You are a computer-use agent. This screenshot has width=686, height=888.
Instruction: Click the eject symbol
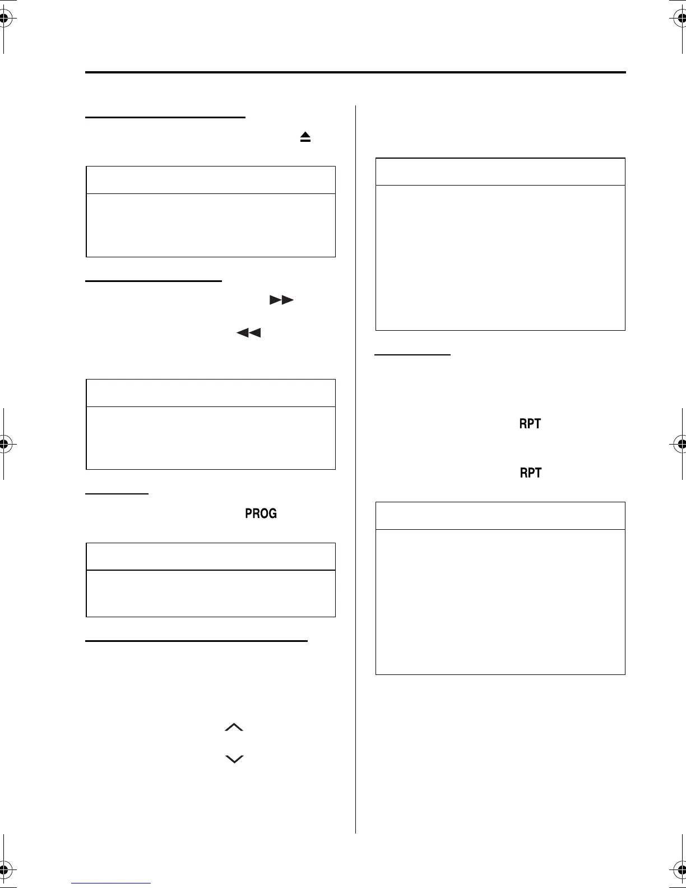click(305, 137)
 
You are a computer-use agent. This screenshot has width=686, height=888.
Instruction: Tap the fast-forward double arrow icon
click(281, 300)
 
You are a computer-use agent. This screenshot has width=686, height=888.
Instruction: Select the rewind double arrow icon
click(249, 333)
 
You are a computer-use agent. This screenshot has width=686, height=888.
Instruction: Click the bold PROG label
click(261, 514)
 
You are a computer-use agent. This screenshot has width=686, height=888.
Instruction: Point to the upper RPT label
click(530, 424)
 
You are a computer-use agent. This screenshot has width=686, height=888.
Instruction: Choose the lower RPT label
click(531, 473)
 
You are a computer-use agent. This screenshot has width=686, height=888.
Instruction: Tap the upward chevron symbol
click(234, 728)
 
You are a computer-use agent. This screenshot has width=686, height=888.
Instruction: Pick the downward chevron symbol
click(234, 759)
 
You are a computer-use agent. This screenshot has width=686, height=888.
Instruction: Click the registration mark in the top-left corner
click(4, 18)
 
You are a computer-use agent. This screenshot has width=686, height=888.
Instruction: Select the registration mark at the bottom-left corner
click(4, 869)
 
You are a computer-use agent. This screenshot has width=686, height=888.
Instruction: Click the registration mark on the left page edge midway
click(4, 444)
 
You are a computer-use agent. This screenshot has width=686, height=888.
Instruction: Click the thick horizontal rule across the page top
click(355, 72)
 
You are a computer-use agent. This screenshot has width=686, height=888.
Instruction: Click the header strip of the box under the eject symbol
click(211, 180)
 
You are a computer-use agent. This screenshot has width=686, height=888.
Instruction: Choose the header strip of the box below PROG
click(211, 557)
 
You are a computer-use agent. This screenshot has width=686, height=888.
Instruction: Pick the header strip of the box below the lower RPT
click(500, 516)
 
